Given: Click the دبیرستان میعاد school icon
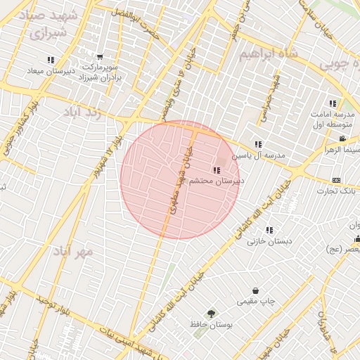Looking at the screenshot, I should (50, 60).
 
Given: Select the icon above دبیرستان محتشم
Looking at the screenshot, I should (214, 169).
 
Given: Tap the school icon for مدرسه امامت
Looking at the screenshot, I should (333, 103).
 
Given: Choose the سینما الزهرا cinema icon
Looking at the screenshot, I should (342, 139).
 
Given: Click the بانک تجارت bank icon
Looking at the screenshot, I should (335, 180).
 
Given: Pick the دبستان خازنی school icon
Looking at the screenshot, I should (269, 230).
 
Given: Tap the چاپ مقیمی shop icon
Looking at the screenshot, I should (255, 290).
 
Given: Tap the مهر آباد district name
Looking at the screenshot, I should (74, 250).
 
